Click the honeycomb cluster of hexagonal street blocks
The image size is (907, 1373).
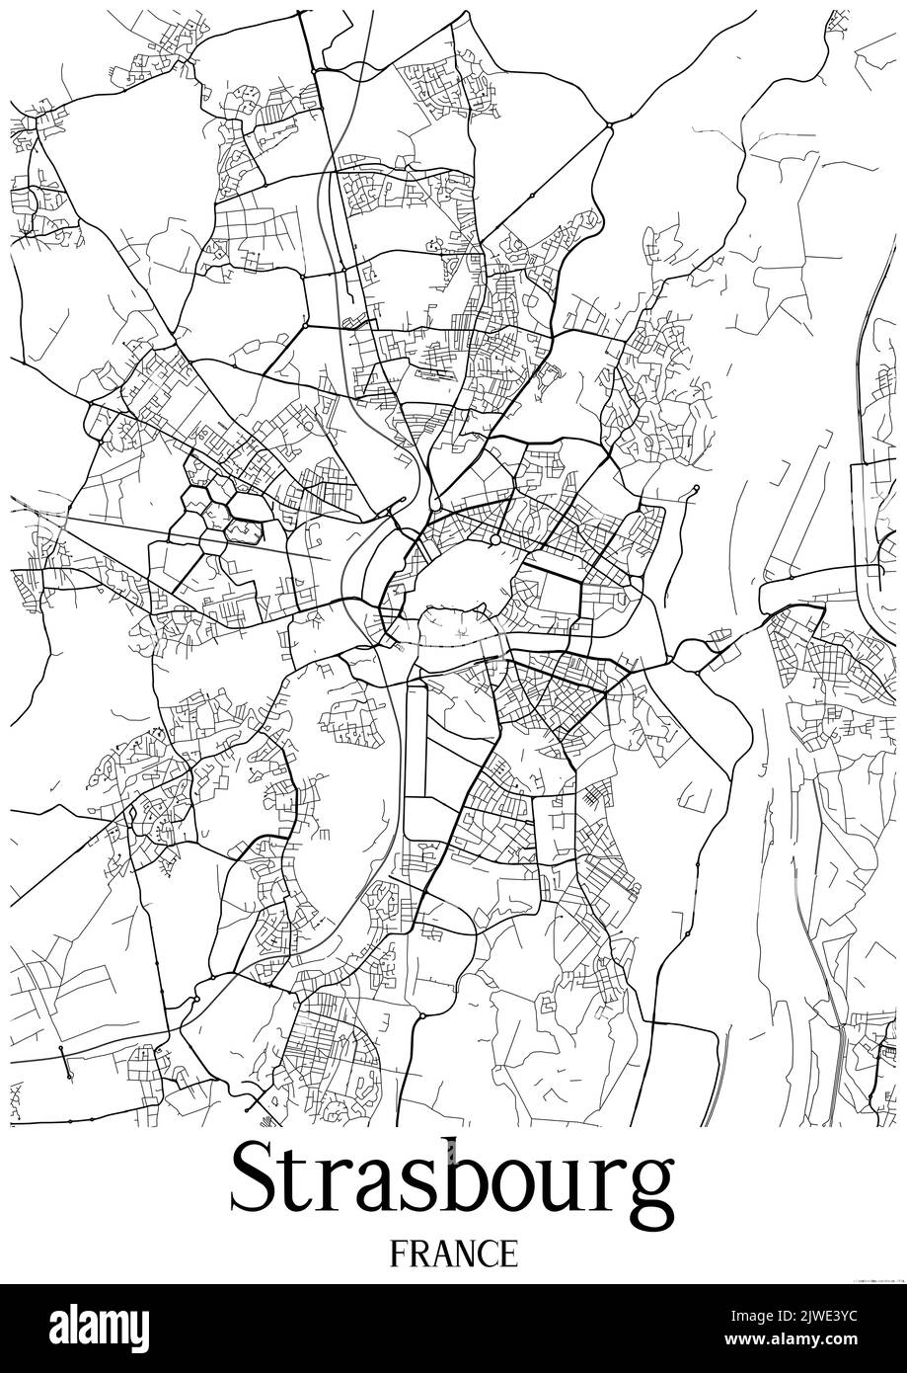click(x=219, y=504)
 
